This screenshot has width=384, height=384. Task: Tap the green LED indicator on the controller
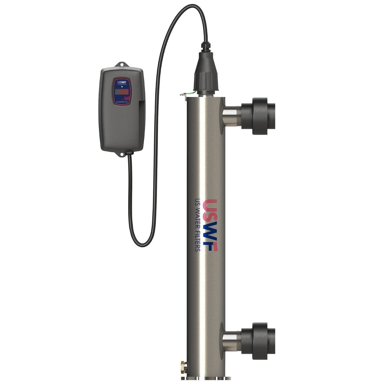point(122,86)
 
